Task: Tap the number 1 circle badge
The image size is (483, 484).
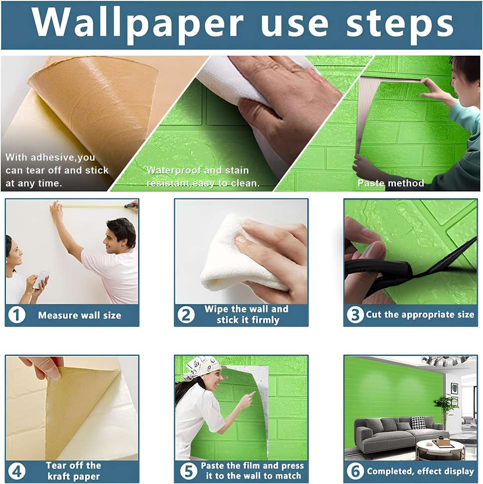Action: tap(16, 315)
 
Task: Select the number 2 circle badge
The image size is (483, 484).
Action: tap(186, 315)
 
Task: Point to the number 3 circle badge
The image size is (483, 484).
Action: tap(355, 315)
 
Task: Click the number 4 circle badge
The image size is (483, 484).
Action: tap(16, 471)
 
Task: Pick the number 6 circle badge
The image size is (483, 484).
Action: tap(355, 471)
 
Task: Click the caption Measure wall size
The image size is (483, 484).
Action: tap(80, 315)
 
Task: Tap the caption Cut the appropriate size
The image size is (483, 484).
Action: tap(420, 315)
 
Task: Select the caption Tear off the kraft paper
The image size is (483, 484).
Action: tap(73, 471)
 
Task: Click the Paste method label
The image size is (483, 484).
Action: tap(391, 183)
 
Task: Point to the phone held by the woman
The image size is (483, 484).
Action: tap(42, 278)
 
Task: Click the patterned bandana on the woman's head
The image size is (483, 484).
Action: tap(202, 366)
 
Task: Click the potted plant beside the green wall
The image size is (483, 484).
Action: tap(445, 405)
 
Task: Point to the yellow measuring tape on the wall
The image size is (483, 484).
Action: tap(95, 206)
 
